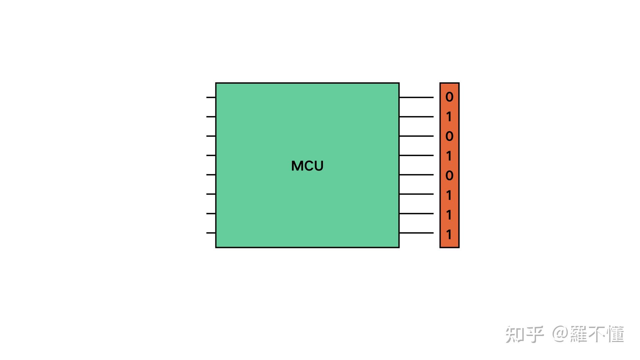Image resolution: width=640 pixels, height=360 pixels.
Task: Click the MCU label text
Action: coord(307,166)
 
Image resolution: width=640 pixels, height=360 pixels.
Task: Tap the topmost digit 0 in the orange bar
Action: coord(449,97)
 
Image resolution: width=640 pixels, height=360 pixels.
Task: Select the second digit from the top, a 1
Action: coord(449,117)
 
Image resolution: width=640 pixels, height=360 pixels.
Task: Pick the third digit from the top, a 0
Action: coord(449,136)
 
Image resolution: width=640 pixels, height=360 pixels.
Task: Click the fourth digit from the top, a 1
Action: coord(449,156)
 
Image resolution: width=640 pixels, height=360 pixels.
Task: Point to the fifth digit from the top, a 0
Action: coord(449,175)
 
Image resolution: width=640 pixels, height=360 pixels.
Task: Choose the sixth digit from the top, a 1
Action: coord(449,195)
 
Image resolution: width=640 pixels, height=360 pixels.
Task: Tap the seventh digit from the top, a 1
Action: coord(449,215)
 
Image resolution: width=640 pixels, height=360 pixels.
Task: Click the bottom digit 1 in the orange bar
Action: coord(449,234)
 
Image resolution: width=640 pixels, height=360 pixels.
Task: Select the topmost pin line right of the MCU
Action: coord(416,97)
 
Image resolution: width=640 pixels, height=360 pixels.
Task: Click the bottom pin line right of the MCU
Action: coord(416,233)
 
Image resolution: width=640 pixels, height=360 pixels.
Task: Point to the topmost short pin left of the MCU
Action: coord(211,97)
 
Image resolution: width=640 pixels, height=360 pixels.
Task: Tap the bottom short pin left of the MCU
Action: coord(211,233)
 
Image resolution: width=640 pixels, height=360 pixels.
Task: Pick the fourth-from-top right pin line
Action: coord(416,155)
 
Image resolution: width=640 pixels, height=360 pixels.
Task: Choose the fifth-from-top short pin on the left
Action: coord(211,175)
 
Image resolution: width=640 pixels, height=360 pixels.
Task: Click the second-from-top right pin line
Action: coord(416,117)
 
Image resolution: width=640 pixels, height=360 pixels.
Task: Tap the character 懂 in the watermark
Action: coord(615,334)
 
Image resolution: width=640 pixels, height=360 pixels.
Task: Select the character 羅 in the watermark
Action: coord(579,334)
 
